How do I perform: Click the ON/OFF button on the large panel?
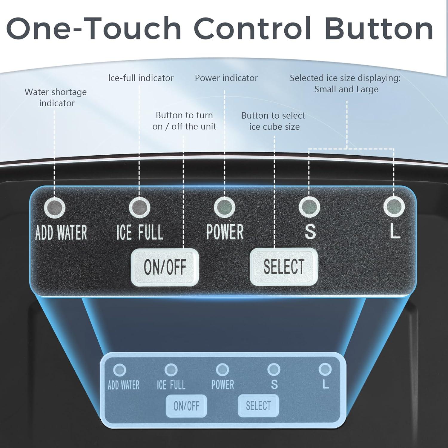pyautogui.click(x=165, y=267)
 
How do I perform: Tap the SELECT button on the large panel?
pyautogui.click(x=284, y=266)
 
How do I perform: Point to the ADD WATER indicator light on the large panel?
pyautogui.click(x=55, y=207)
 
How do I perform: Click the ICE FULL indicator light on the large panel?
pyautogui.click(x=139, y=207)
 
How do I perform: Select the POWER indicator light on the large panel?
pyautogui.click(x=225, y=207)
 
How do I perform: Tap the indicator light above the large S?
pyautogui.click(x=309, y=207)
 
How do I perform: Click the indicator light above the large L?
pyautogui.click(x=394, y=207)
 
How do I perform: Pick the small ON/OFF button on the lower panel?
pyautogui.click(x=186, y=406)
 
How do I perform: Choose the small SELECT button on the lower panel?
pyautogui.click(x=258, y=406)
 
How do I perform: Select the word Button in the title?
pyautogui.click(x=379, y=28)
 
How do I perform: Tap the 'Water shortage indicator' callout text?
pyautogui.click(x=56, y=97)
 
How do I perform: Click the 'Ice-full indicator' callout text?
pyautogui.click(x=141, y=78)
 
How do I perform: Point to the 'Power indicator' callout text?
pyautogui.click(x=226, y=78)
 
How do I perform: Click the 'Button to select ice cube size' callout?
pyautogui.click(x=273, y=121)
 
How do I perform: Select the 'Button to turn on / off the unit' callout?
pyautogui.click(x=184, y=121)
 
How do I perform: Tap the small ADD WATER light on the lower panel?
pyautogui.click(x=120, y=370)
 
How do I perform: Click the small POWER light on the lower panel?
pyautogui.click(x=222, y=370)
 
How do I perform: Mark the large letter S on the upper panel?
pyautogui.click(x=310, y=231)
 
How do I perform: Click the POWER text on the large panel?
pyautogui.click(x=225, y=232)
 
